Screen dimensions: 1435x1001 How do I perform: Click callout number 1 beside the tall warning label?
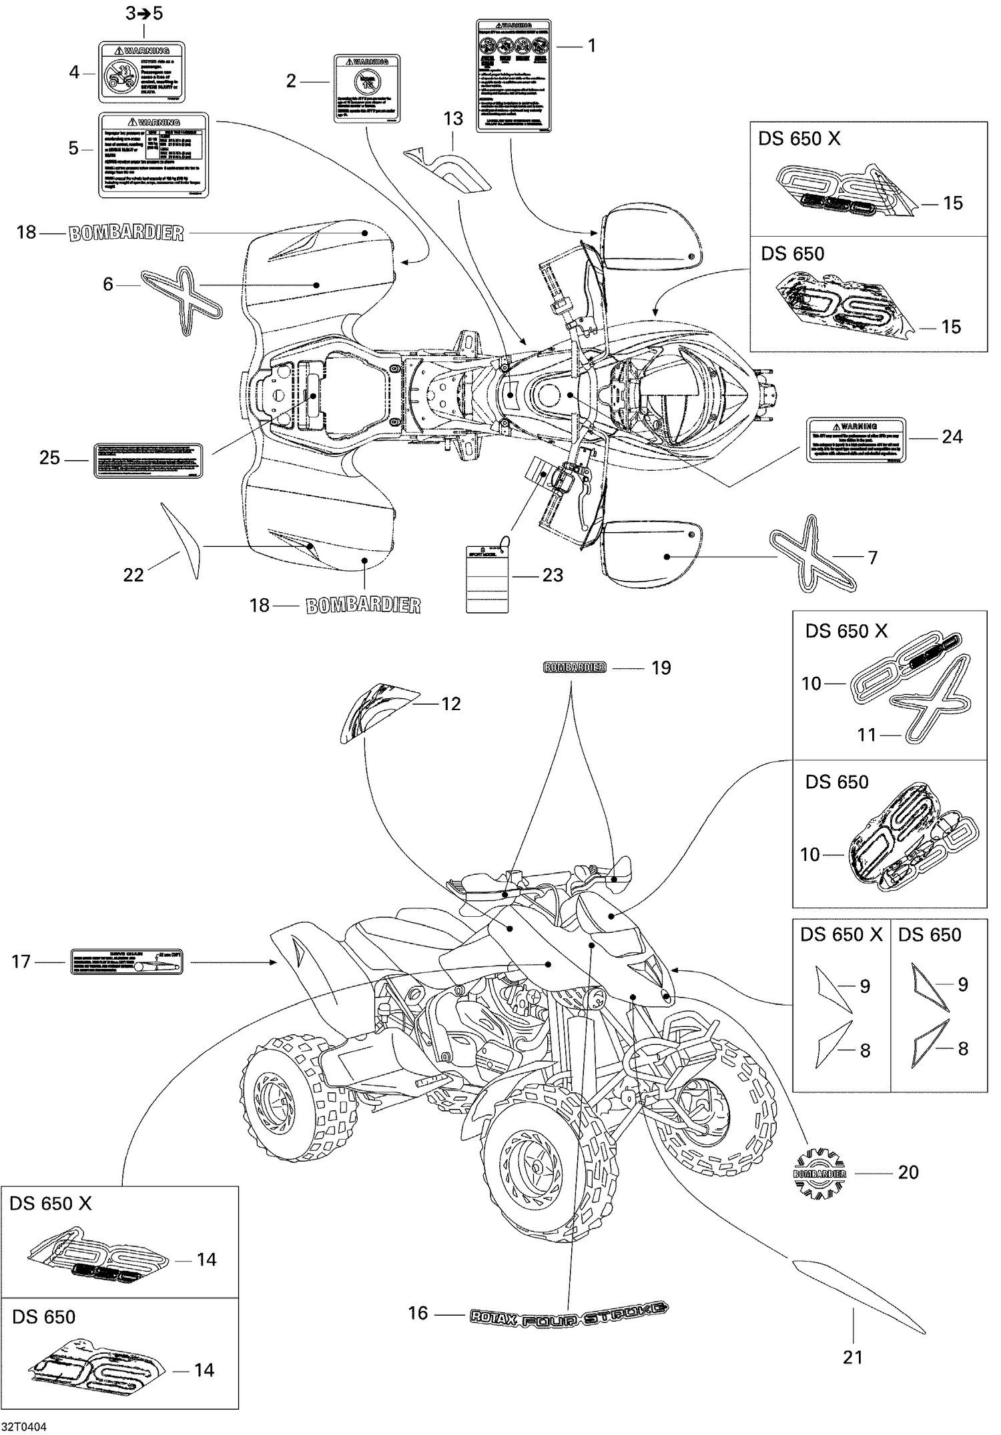click(x=591, y=45)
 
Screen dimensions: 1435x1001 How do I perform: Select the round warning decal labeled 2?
click(x=366, y=89)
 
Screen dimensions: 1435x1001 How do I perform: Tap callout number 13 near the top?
click(x=453, y=119)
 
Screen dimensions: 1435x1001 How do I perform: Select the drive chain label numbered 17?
click(x=126, y=962)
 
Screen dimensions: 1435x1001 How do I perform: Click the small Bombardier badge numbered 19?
click(x=575, y=667)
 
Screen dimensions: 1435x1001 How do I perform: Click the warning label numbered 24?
click(x=856, y=440)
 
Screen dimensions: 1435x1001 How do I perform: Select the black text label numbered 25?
click(x=147, y=459)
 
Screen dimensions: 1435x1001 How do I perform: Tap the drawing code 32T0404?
click(x=23, y=1426)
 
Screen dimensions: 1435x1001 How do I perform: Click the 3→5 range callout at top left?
click(x=144, y=13)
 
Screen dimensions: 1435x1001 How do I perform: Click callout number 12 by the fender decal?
click(x=451, y=704)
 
